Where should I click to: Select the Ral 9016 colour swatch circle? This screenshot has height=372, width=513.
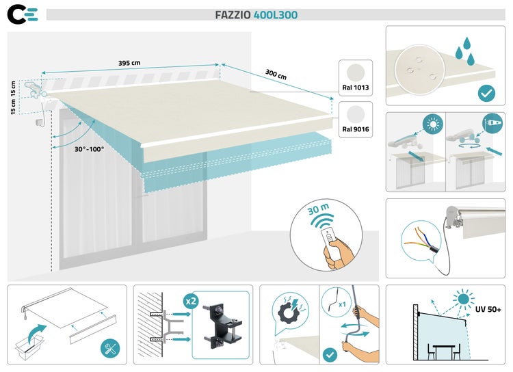tap(356, 114)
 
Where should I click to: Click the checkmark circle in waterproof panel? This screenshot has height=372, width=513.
tap(487, 92)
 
